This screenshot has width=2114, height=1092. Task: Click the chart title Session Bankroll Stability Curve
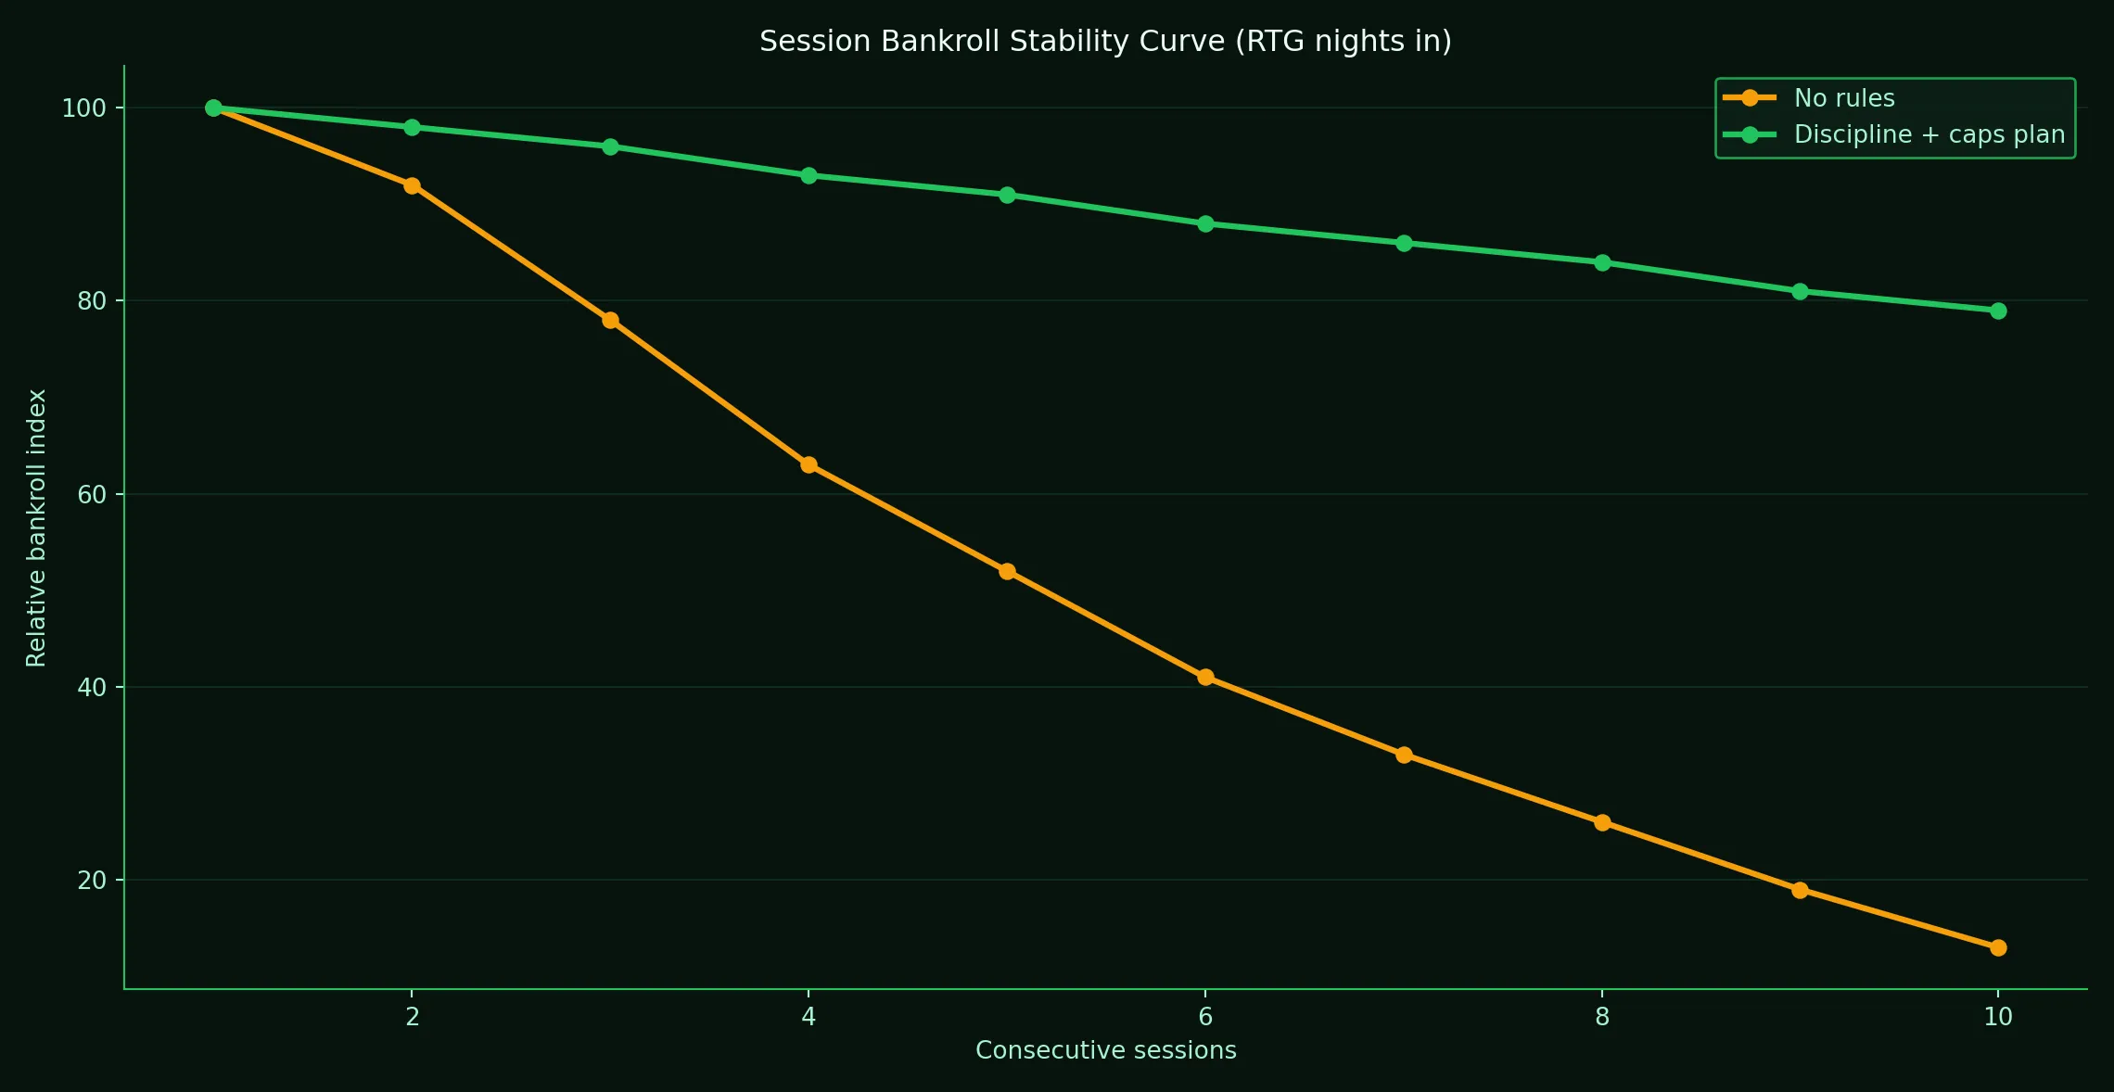coord(1105,42)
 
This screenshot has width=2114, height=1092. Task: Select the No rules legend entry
coord(1843,98)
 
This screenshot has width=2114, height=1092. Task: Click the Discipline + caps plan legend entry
coord(1929,134)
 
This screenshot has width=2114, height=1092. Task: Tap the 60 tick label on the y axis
coord(91,494)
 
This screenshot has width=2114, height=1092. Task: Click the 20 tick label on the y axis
coord(91,881)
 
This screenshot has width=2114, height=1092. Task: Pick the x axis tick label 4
coord(809,1017)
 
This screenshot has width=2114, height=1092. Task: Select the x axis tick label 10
coord(1998,1017)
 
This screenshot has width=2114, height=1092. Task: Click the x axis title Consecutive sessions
coord(1105,1050)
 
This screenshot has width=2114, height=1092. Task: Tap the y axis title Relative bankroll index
coord(36,527)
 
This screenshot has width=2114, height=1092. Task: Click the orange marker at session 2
coord(412,185)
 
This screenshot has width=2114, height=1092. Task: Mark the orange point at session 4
coord(809,464)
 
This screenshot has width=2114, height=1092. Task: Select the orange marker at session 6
coord(1205,677)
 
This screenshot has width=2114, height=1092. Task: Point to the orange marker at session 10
coord(1998,947)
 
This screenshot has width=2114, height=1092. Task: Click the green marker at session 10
coord(1998,311)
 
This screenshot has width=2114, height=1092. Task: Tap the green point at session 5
coord(1007,195)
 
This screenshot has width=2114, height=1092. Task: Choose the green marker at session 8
coord(1602,262)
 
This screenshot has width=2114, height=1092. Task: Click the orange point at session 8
coord(1602,822)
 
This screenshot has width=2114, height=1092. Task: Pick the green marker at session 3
coord(610,146)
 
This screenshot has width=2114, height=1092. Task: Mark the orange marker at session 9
coord(1800,890)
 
